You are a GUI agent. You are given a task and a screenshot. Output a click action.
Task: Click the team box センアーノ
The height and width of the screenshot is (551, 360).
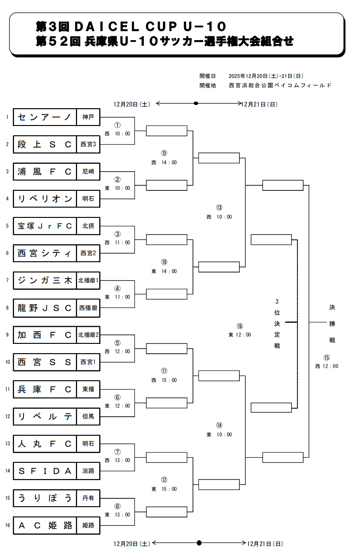(45, 117)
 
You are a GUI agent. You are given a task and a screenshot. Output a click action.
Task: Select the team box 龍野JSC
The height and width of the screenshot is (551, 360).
(45, 308)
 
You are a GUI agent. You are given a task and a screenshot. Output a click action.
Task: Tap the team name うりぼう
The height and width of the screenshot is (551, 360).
(45, 498)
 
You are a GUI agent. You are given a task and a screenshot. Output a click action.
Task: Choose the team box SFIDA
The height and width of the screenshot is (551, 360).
(45, 471)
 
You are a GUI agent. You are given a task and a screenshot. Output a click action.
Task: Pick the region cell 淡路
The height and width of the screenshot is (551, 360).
(88, 471)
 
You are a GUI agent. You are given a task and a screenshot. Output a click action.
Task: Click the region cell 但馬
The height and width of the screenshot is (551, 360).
(88, 417)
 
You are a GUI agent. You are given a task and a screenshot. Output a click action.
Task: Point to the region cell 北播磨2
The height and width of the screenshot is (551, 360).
(88, 335)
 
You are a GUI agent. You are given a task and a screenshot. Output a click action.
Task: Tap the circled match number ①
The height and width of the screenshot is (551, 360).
(118, 125)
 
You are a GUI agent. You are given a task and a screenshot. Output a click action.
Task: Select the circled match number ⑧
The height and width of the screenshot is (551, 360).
(118, 506)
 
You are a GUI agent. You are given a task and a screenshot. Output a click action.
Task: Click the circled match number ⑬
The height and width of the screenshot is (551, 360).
(219, 208)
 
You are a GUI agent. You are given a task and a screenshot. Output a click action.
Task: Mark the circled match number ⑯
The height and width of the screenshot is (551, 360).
(240, 326)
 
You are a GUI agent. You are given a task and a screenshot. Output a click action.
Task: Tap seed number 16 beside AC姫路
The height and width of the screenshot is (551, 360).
(7, 525)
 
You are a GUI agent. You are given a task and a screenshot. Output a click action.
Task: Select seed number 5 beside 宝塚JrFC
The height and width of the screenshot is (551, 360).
(7, 226)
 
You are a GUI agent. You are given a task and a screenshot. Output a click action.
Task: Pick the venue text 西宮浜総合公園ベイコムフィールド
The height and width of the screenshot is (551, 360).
(280, 85)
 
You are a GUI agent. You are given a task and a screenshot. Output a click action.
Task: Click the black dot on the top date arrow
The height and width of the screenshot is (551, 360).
(196, 103)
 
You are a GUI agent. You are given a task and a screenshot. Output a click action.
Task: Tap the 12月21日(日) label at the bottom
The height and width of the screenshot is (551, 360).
(265, 544)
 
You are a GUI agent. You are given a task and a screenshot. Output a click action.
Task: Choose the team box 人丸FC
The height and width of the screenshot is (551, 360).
(45, 444)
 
